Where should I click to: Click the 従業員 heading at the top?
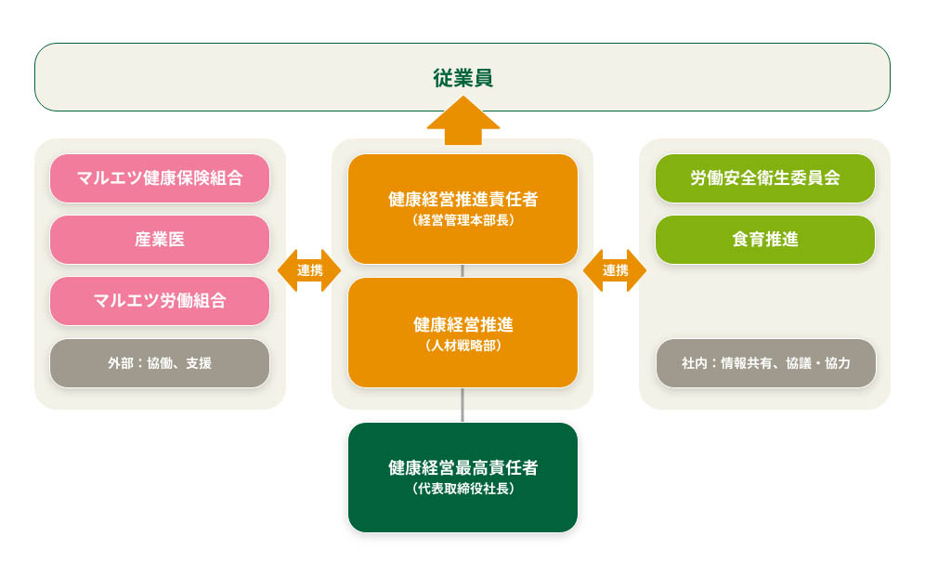tap(462, 78)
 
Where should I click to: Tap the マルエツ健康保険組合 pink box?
tap(160, 178)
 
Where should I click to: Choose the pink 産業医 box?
tap(160, 240)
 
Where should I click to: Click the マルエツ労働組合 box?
tap(160, 301)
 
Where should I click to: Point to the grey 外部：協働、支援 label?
tap(160, 363)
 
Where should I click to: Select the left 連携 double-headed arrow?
tap(309, 270)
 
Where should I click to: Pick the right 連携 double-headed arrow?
tap(615, 270)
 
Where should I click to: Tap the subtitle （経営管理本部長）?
tap(462, 222)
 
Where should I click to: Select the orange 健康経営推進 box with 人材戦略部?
tap(462, 332)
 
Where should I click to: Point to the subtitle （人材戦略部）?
tap(462, 346)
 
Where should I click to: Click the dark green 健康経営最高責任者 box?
tap(462, 477)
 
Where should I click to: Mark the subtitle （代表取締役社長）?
tap(462, 489)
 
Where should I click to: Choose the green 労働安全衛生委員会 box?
tap(765, 178)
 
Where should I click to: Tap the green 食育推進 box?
tap(765, 240)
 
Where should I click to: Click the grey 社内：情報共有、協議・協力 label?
tap(765, 363)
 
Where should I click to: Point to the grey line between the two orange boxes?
tap(462, 270)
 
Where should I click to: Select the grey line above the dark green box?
tap(462, 406)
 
